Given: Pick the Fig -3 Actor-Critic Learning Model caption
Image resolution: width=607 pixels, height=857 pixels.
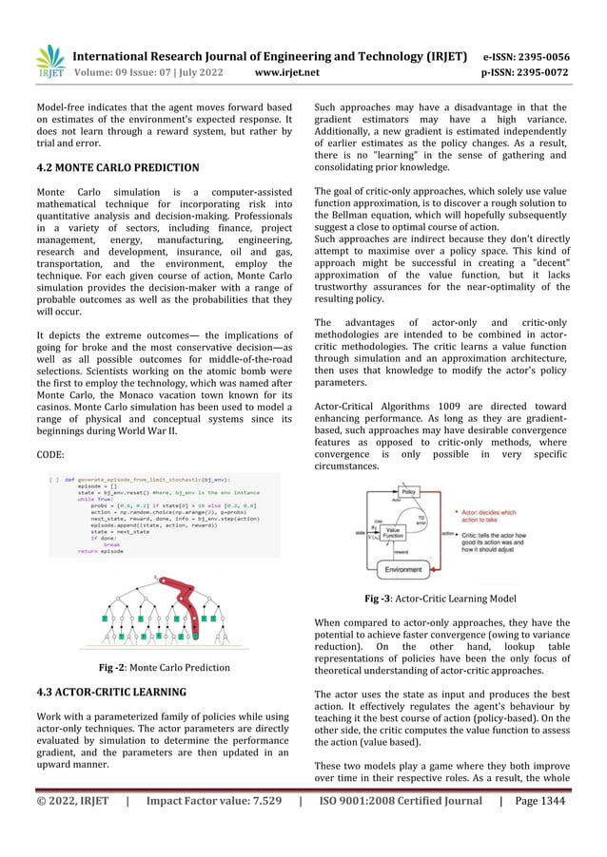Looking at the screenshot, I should [x=441, y=599].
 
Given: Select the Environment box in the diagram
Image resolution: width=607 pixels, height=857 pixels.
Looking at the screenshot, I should [x=412, y=569].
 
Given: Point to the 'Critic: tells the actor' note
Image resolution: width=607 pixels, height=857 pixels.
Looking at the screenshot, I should [x=499, y=542].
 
